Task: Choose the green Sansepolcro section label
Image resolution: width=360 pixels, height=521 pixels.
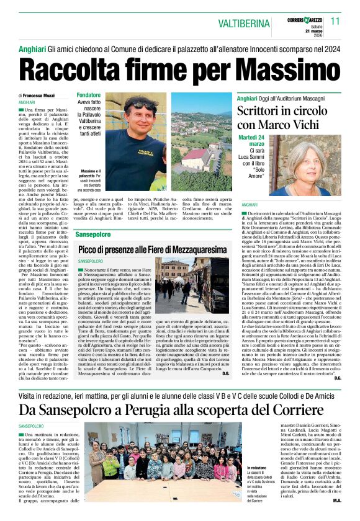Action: [93, 235]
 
